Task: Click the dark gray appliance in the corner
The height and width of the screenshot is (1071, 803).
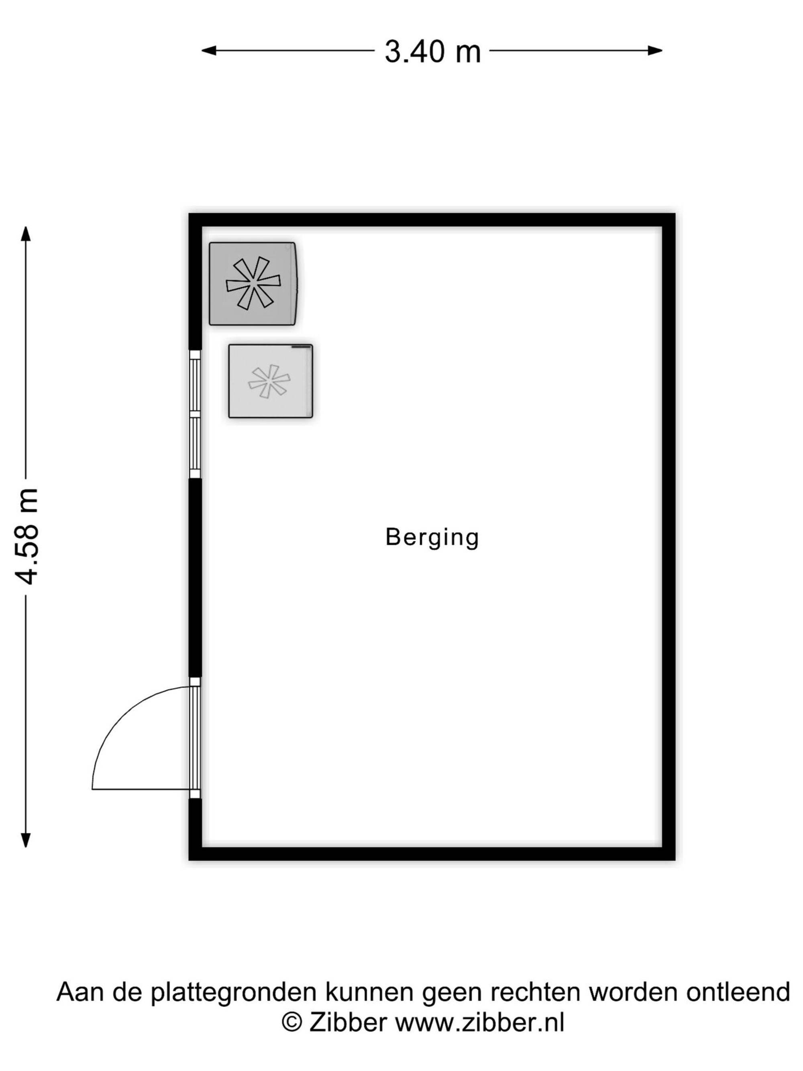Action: pos(253,284)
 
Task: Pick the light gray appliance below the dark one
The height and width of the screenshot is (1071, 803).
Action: pos(271,381)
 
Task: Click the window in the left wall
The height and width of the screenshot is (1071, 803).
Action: pos(195,414)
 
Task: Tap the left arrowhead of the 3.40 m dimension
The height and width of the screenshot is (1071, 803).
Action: pos(209,50)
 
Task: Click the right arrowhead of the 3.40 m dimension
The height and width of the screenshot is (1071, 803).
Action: pos(655,50)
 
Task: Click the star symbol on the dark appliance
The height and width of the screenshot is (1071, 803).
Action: pos(253,283)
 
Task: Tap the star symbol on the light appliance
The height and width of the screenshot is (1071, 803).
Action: pos(269,381)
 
